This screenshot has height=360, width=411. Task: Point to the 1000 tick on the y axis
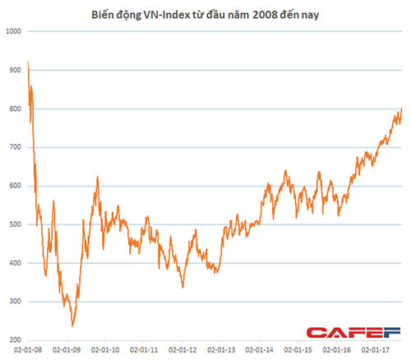pos(12,31)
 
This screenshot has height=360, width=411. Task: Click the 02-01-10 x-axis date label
pos(107,348)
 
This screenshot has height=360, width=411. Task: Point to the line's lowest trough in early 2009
pos(72,325)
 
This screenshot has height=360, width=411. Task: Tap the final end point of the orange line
pos(402,108)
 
